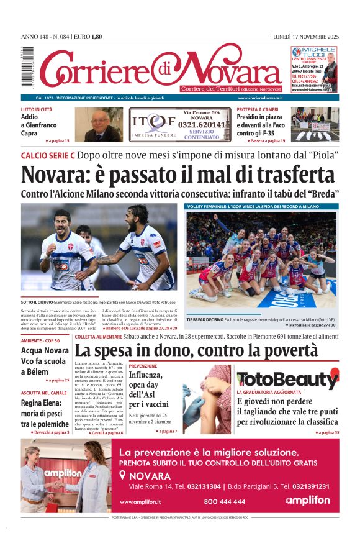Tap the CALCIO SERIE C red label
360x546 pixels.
click(x=48, y=155)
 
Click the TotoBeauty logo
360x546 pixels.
click(x=287, y=380)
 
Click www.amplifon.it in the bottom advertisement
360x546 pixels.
click(x=140, y=501)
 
